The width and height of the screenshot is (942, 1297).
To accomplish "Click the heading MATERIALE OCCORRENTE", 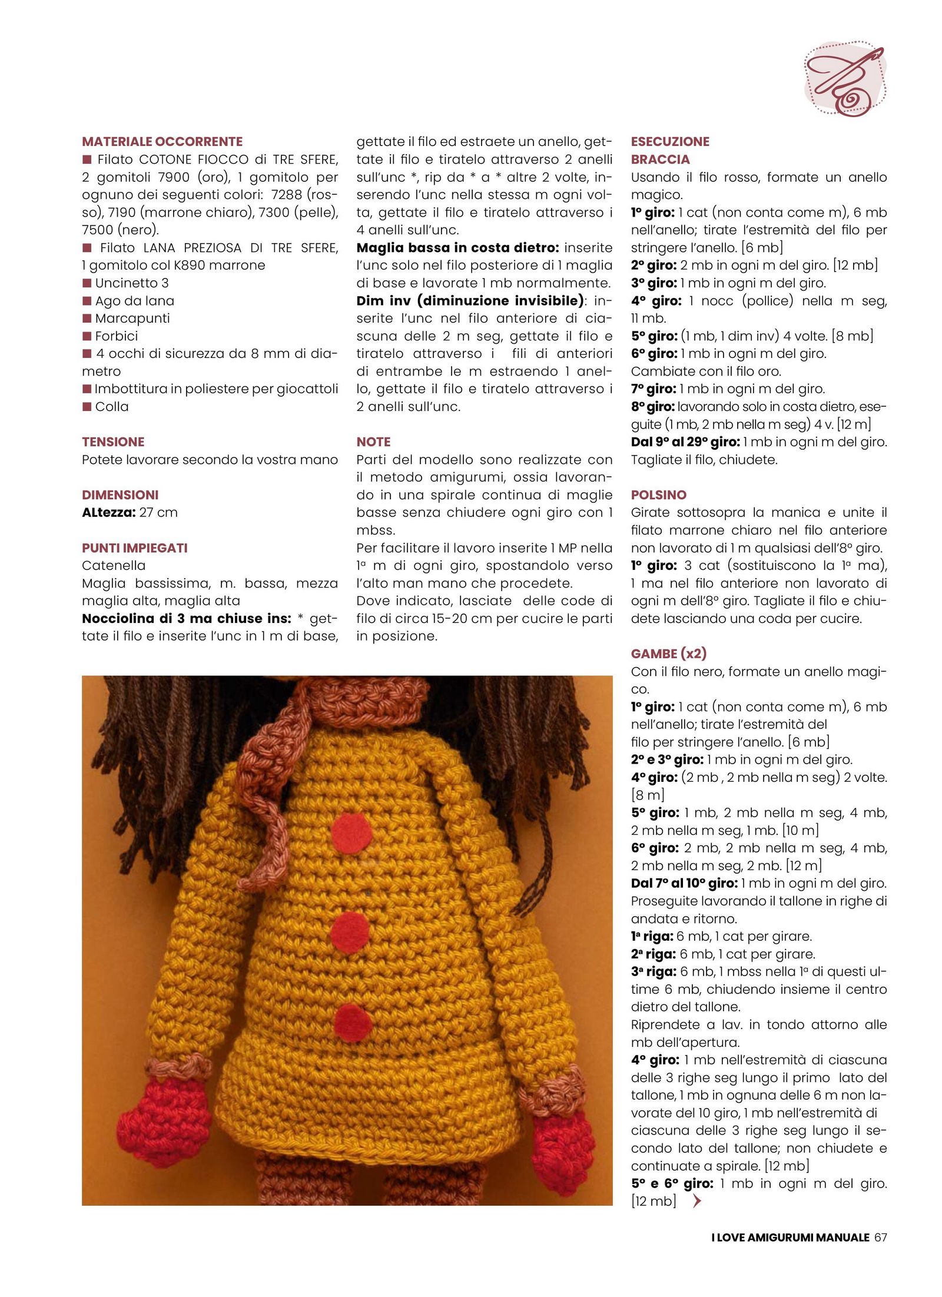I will point(162,141).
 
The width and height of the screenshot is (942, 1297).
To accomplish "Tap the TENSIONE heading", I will point(113,442).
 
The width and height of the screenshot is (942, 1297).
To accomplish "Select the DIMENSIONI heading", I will point(120,495).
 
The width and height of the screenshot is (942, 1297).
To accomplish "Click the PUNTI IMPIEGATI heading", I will point(135,548).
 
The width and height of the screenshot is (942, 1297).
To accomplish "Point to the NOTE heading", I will point(373,442).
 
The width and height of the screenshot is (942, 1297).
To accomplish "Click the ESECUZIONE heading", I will point(670,141).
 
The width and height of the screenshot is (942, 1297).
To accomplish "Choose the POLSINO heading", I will point(659,495).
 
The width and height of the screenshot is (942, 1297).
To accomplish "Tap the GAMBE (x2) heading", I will point(668,654).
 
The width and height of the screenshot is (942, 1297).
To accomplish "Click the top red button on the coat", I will point(351,834).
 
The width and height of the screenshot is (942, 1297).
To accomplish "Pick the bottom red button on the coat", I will point(353,1023).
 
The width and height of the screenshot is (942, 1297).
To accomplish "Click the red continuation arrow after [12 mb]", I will point(697,1201).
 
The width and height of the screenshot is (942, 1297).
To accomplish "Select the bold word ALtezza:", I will point(109,512).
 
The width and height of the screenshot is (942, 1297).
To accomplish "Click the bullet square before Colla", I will point(87,406).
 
